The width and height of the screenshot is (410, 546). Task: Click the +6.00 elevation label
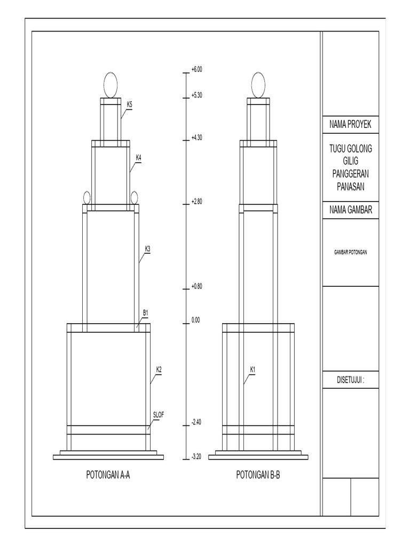point(196,69)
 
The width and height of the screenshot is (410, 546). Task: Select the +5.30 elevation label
point(196,95)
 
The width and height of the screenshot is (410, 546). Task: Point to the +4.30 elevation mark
point(196,138)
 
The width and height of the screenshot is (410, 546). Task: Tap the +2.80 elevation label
point(196,202)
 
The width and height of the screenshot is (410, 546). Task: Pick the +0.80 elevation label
point(196,286)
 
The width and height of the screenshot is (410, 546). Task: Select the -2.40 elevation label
point(196,422)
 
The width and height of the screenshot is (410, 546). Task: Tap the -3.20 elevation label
point(196,457)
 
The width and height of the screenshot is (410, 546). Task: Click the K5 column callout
point(130,105)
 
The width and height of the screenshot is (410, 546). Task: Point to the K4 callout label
point(138,157)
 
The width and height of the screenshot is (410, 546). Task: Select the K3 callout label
point(147,248)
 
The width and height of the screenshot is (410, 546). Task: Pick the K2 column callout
point(159,369)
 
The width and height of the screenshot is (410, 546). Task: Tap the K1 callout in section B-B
point(253,369)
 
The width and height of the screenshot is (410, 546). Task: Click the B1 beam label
point(145,312)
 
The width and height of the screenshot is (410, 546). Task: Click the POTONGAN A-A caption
point(108,475)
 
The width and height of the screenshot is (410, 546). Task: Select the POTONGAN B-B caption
point(258,475)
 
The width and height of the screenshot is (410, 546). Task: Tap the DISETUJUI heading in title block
point(350,381)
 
